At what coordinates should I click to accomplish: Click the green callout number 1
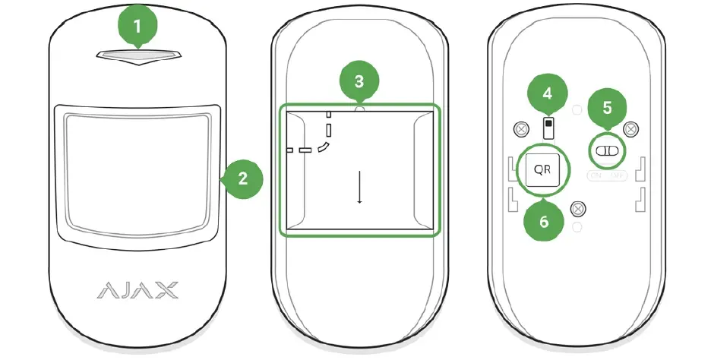click(x=137, y=26)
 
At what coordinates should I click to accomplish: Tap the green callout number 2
click(x=242, y=179)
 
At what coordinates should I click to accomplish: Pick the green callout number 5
click(x=606, y=107)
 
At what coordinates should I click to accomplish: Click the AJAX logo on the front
click(x=137, y=289)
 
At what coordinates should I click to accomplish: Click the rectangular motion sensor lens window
click(x=137, y=170)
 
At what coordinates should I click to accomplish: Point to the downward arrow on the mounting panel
click(x=359, y=187)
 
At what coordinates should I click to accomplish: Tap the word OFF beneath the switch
click(x=618, y=175)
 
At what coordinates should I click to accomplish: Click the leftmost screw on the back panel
click(x=520, y=129)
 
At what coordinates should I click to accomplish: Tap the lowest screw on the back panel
click(x=578, y=207)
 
